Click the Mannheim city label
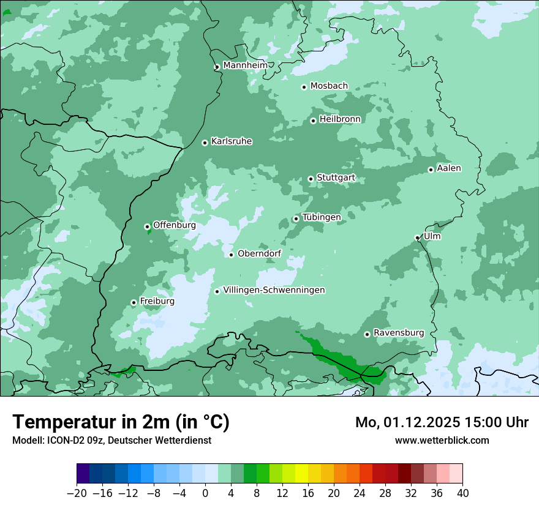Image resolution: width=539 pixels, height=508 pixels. [245, 65]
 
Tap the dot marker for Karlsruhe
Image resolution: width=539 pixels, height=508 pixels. [205, 143]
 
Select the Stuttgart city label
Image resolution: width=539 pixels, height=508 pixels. [336, 178]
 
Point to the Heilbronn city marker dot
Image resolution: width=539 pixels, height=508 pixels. [313, 121]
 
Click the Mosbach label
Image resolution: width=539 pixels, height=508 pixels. [329, 86]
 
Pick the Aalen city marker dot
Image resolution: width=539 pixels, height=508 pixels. [431, 170]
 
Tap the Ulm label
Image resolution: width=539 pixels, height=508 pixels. [432, 236]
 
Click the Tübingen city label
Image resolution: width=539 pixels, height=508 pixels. [321, 217]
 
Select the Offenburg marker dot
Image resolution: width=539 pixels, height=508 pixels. [147, 226]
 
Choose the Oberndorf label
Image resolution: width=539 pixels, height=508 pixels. [259, 253]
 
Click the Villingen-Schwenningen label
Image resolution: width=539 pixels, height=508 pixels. [274, 290]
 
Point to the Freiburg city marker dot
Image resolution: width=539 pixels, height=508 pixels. [134, 302]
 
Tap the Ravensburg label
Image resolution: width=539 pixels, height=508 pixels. [398, 333]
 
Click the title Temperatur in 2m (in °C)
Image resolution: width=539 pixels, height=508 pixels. [121, 422]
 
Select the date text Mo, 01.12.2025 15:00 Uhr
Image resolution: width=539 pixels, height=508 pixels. [442, 422]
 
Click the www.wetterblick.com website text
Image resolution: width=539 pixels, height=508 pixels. [442, 440]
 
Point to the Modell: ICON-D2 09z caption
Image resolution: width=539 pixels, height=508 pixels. [111, 440]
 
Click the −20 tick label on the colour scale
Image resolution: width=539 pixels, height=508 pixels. [77, 493]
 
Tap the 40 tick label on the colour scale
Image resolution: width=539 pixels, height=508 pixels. [462, 493]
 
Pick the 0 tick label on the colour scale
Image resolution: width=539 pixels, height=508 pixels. [205, 493]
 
